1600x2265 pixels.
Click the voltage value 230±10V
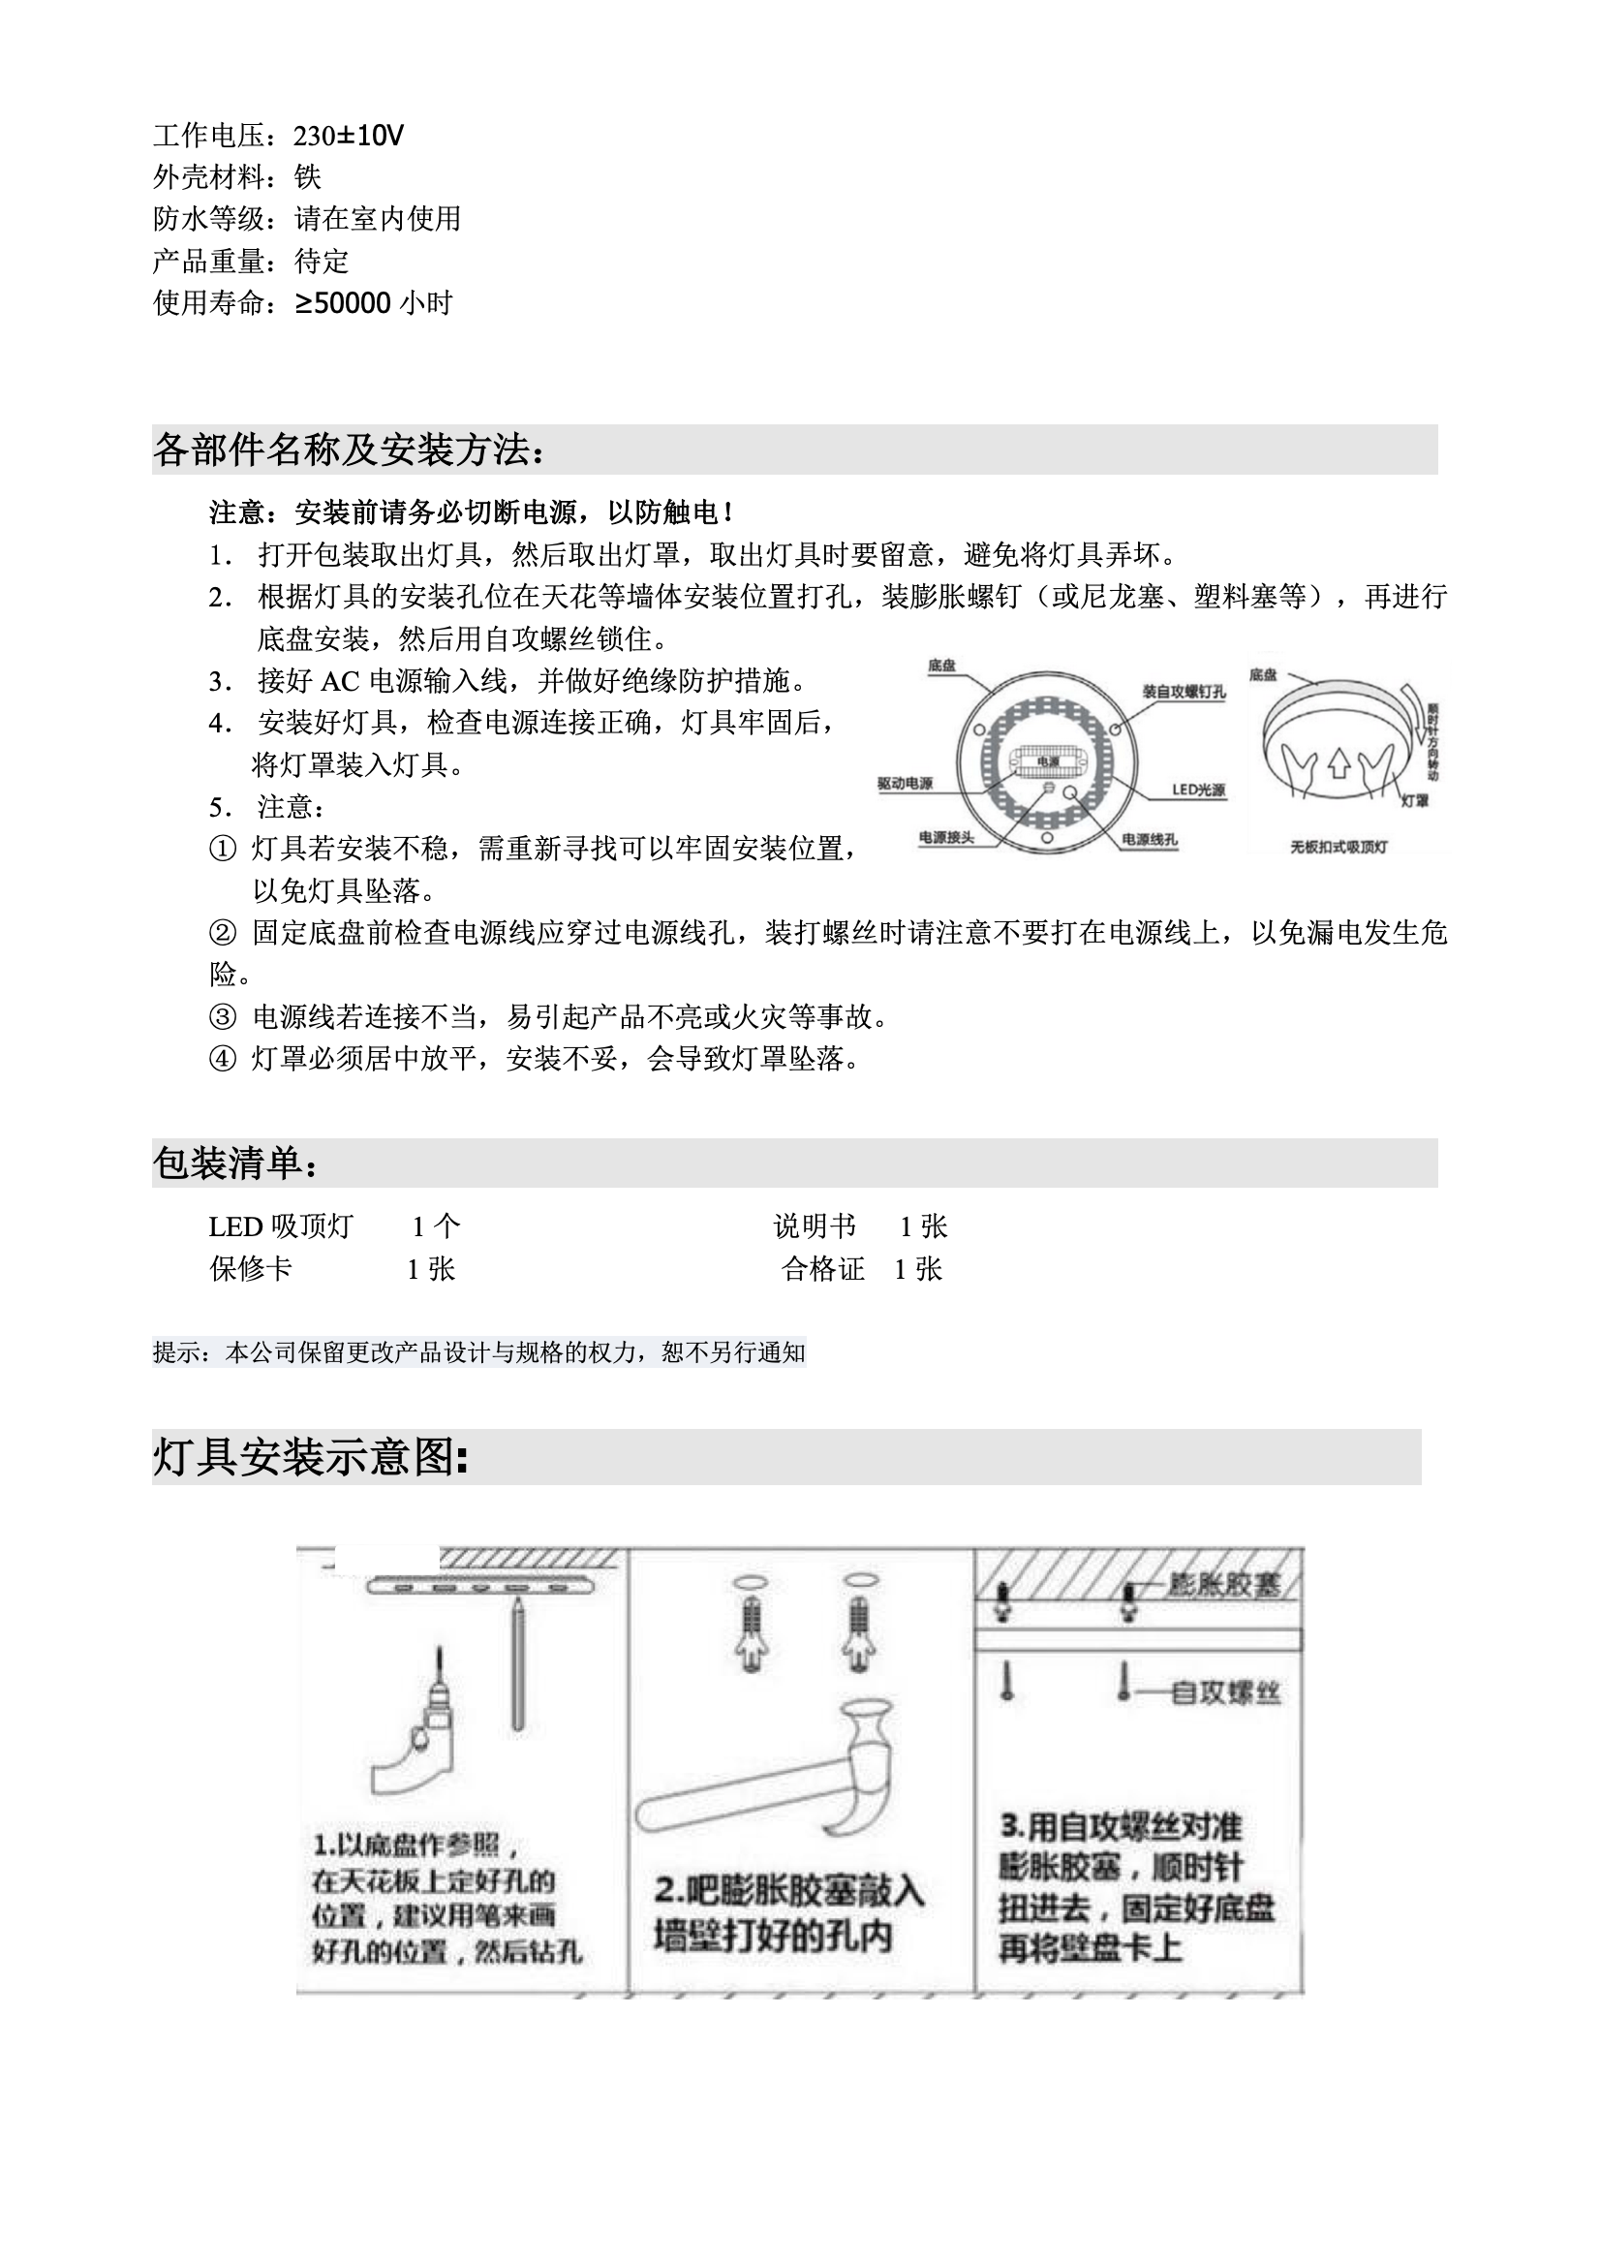[349, 136]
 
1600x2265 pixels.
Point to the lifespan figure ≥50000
[342, 303]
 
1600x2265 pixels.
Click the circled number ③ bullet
[223, 1016]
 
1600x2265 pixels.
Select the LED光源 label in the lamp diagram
[1198, 790]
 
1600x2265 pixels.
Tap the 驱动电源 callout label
[905, 783]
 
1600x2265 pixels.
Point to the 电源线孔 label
[1150, 839]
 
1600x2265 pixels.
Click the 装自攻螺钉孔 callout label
[1184, 692]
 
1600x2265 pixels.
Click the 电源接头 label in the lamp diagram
[946, 838]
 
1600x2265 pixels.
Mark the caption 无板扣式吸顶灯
[1338, 847]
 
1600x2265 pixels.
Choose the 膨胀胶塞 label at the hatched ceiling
[1223, 1585]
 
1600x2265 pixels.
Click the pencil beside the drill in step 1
[518, 1667]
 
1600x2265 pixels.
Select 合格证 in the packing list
[822, 1269]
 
